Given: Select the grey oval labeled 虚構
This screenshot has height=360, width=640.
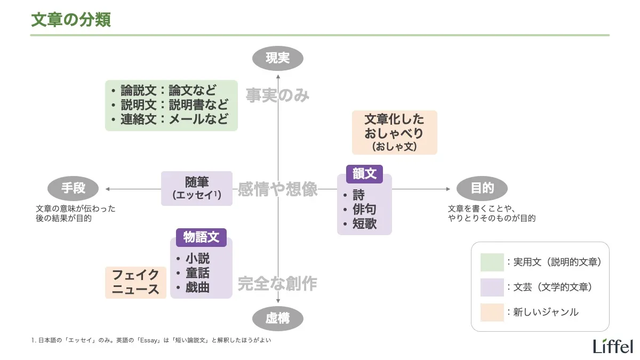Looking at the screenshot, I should coord(277,319).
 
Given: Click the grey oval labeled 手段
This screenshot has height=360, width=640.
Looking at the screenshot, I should coord(73,188).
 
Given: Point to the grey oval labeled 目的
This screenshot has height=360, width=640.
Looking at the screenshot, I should coord(482,188).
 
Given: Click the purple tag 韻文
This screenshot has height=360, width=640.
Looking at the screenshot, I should coord(364,173).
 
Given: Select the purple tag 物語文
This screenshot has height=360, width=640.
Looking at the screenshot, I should coord(201,237).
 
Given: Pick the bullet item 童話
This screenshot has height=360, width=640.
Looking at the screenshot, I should coord(197,273).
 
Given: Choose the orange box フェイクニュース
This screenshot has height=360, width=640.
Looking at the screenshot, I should coord(135,282).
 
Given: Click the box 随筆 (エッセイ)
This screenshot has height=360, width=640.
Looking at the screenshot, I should coord(197,188).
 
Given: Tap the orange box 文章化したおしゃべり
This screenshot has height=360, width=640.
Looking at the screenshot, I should coord(394,132).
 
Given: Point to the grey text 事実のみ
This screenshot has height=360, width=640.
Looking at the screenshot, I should coord(277,95).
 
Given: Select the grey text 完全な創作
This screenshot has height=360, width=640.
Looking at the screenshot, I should coord(277,283).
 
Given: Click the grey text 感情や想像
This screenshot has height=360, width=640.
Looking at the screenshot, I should coord(277,189).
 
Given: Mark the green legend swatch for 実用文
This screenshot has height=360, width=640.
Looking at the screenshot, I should coord(492,262).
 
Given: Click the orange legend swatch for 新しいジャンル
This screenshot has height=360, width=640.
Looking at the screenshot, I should coord(492,312).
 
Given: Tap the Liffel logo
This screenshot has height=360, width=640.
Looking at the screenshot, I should coord(613,345).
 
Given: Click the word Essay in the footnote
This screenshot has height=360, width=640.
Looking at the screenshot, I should coord(154,340).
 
